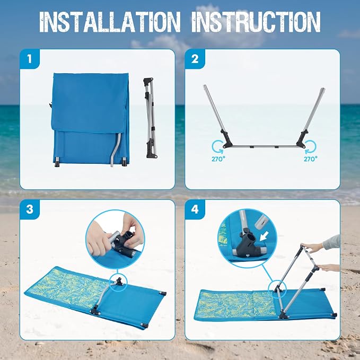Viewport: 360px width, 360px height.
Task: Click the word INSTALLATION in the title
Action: point(110,22)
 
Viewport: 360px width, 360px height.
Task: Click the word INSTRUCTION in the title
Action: point(256,22)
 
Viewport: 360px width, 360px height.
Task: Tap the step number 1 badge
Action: point(30,59)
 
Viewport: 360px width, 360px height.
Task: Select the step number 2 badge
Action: point(195,59)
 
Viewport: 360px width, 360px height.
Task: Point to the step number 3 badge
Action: point(30,209)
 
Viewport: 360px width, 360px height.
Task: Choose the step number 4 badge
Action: point(195,209)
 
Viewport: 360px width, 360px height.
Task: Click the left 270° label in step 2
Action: point(218,159)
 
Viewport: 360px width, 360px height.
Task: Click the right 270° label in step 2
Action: point(311,159)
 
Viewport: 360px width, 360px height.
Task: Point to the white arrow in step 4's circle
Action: point(264,236)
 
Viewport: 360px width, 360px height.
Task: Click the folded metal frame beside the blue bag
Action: point(150,118)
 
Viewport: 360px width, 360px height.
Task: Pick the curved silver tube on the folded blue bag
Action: point(116,149)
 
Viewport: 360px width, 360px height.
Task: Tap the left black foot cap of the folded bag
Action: point(57,162)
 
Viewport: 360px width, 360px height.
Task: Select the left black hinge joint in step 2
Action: point(227,139)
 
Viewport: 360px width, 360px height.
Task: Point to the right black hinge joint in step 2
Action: point(302,139)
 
